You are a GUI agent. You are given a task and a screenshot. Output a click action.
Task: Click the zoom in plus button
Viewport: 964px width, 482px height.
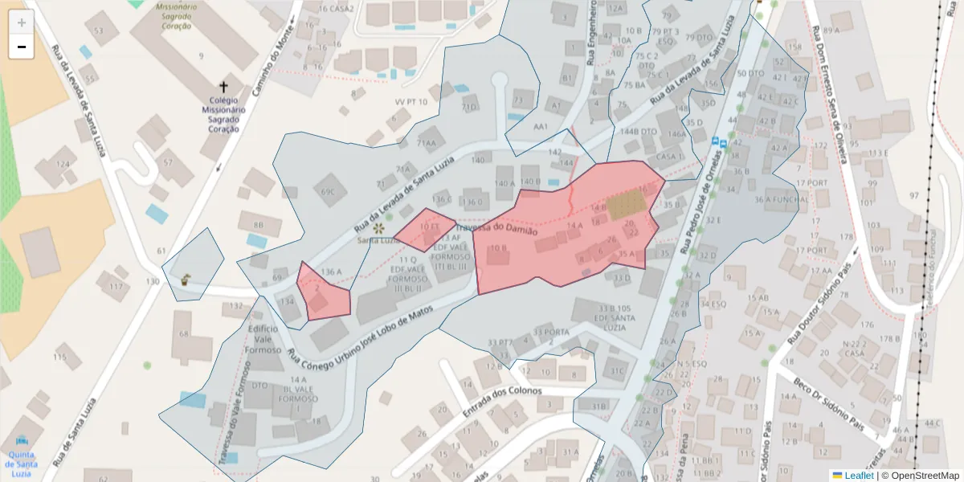pyautogui.click(x=22, y=22)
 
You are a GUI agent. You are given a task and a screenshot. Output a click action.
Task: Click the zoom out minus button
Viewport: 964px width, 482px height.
pyautogui.click(x=22, y=47)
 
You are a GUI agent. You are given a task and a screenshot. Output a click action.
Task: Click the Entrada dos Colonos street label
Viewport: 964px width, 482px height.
pyautogui.click(x=501, y=391)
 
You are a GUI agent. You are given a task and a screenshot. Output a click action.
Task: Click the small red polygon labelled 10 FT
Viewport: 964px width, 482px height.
pyautogui.click(x=424, y=227)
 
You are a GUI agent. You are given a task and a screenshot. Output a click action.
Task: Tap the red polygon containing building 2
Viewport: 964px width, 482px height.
pyautogui.click(x=323, y=293)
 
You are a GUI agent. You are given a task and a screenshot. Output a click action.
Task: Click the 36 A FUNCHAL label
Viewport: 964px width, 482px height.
pyautogui.click(x=781, y=199)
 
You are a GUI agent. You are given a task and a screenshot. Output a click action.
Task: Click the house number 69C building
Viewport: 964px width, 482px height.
pyautogui.click(x=329, y=191)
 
